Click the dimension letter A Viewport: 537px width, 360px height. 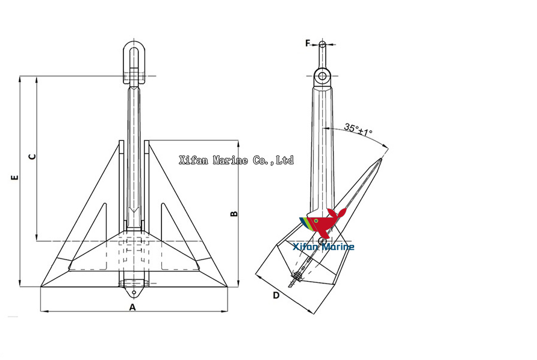point(133,306)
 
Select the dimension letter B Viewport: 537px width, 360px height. point(235,213)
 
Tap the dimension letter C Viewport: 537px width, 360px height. point(33,157)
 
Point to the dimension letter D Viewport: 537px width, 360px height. point(276,295)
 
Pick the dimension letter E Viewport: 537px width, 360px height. point(15,178)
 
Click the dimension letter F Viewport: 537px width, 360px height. point(308,43)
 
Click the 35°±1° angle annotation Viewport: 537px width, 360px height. point(358,129)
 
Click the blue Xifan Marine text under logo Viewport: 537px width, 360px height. point(323,247)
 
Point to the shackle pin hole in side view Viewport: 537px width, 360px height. point(323,76)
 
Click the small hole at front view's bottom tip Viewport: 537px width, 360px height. point(134,293)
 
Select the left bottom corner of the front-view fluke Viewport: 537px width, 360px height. point(41,287)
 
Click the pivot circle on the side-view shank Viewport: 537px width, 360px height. point(322,241)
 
